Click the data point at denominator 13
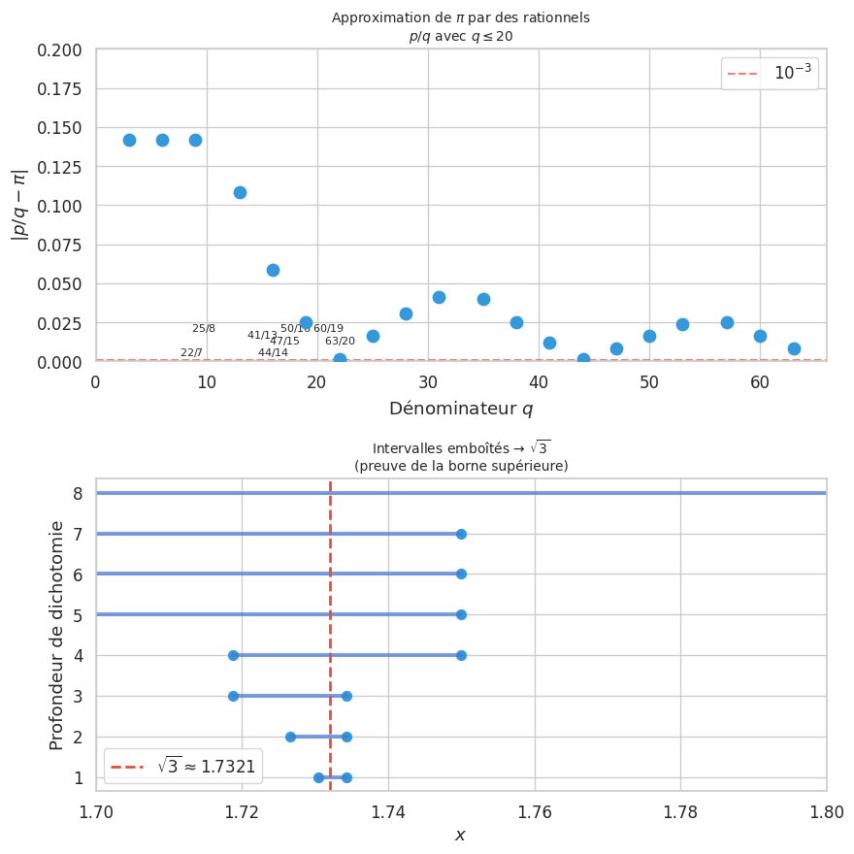[x=240, y=192]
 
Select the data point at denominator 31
[x=439, y=297]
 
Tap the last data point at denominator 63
[x=794, y=348]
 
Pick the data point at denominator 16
[x=273, y=270]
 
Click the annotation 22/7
[x=191, y=352]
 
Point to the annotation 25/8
[x=204, y=329]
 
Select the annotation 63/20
[x=340, y=342]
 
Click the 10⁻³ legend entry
[x=770, y=74]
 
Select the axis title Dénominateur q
[x=461, y=409]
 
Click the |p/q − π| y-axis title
[x=19, y=206]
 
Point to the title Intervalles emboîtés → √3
[x=461, y=448]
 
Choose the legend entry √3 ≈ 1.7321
[x=183, y=767]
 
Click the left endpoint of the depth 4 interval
[x=233, y=655]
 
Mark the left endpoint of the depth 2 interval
[x=290, y=737]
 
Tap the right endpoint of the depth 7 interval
[x=461, y=534]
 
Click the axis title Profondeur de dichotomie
[x=57, y=635]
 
